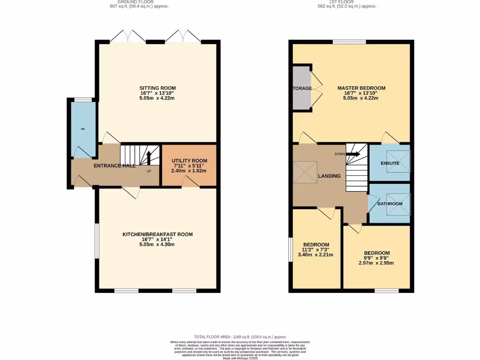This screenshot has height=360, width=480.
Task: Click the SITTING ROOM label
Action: (x=157, y=88)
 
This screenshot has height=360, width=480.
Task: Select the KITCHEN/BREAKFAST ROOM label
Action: (x=157, y=234)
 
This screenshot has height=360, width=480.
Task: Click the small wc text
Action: (x=82, y=129)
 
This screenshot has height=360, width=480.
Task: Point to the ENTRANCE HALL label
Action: (x=115, y=165)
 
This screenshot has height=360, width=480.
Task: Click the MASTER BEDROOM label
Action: (x=361, y=88)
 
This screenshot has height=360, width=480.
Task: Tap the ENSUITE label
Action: (x=390, y=163)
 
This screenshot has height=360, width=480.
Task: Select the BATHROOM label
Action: (x=390, y=204)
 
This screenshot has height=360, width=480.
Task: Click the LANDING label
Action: (x=329, y=176)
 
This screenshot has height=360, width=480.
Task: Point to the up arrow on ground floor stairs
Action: (x=149, y=157)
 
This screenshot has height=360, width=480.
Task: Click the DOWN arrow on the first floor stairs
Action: (x=353, y=154)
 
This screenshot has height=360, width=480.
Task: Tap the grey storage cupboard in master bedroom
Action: (x=301, y=88)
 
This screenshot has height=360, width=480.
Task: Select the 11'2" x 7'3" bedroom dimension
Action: (x=316, y=250)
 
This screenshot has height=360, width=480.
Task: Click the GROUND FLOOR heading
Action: (x=136, y=2)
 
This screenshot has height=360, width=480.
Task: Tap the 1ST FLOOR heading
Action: (x=347, y=2)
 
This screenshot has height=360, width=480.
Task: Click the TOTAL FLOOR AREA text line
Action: (x=240, y=337)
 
